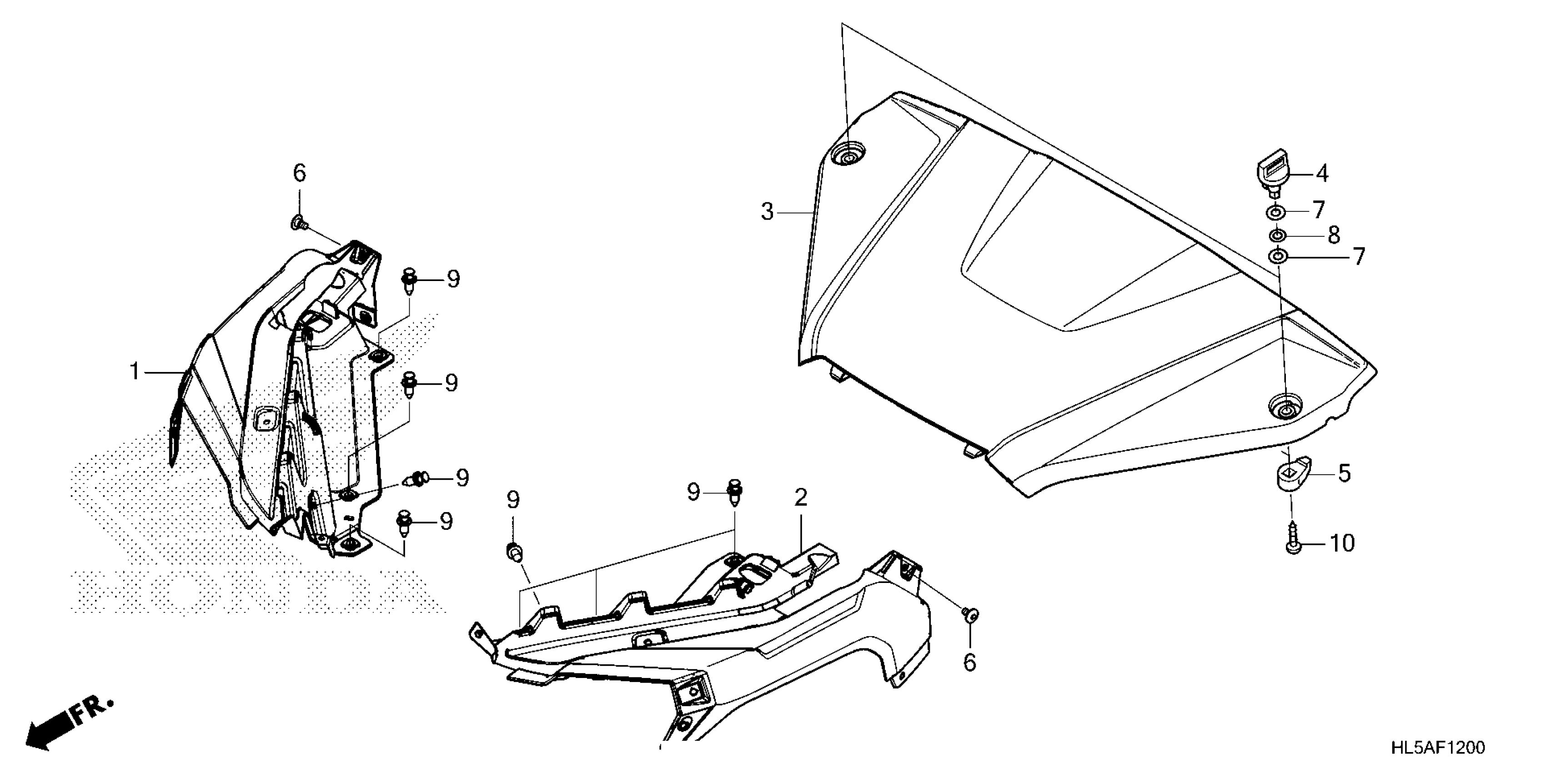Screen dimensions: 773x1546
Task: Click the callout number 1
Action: [x=135, y=372]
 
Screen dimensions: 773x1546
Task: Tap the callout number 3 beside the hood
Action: [x=768, y=212]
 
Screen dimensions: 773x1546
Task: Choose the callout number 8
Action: [x=1334, y=235]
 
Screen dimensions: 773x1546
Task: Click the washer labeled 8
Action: [x=1276, y=235]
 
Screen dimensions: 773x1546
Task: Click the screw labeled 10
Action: [x=1292, y=545]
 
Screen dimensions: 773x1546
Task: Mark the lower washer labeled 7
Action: [x=1275, y=257]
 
